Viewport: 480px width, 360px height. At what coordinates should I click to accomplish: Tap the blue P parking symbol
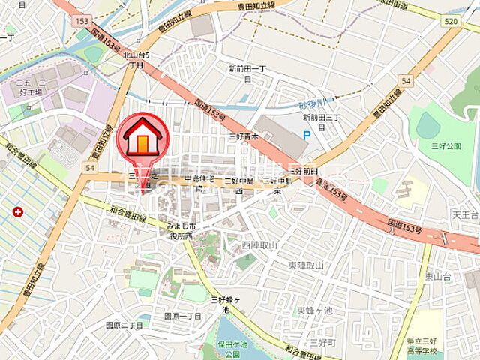pos(306,135)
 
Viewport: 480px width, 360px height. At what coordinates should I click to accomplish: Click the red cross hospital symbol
pos(17,212)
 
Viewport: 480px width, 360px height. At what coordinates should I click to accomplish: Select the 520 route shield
pos(450,22)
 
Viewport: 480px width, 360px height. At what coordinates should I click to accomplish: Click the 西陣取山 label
pos(259,245)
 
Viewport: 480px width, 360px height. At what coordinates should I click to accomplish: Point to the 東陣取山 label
pos(306,265)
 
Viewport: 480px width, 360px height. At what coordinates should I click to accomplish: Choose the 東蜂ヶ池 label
pos(313,310)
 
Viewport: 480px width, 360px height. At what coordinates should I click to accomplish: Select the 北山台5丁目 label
pos(136,59)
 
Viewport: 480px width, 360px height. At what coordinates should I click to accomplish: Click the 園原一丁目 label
pos(183,316)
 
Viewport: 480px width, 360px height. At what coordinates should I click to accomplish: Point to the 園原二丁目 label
pos(124,325)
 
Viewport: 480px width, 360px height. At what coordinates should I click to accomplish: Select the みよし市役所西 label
pos(180,230)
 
